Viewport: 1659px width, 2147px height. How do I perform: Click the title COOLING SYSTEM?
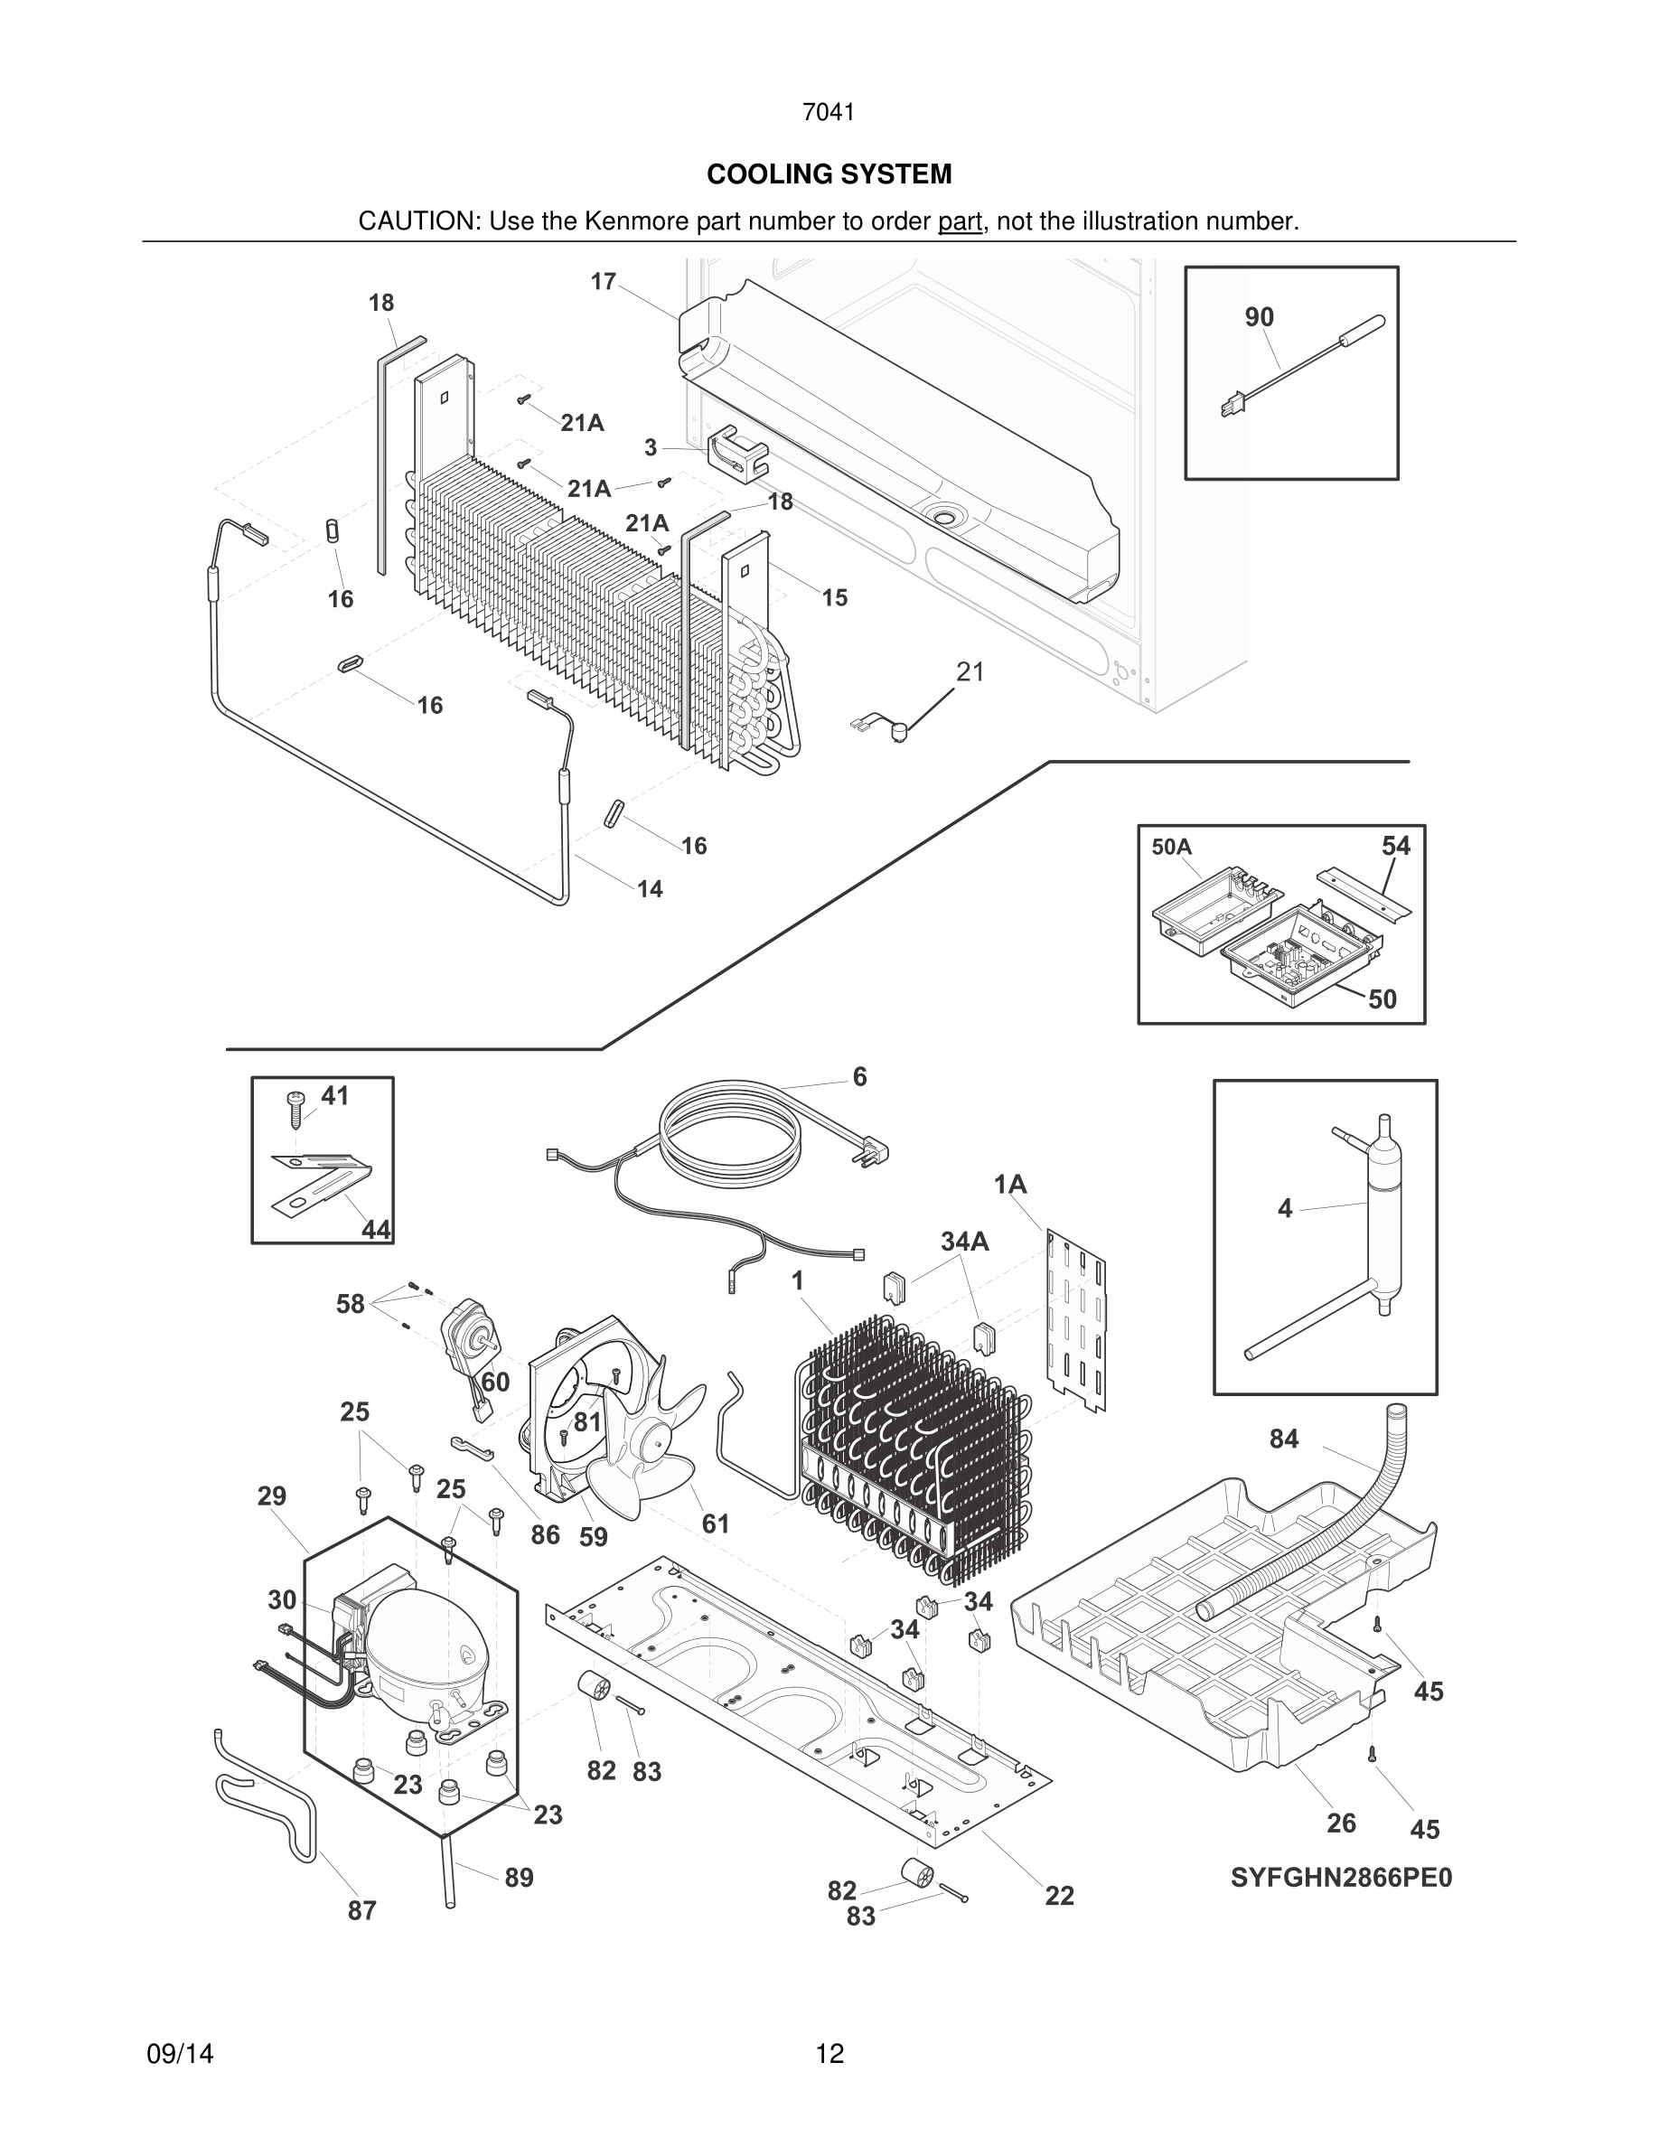click(x=829, y=174)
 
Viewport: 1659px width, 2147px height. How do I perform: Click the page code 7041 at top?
click(x=829, y=113)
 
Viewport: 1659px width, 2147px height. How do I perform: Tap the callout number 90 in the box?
click(x=1259, y=316)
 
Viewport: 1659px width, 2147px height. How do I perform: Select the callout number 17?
click(x=603, y=282)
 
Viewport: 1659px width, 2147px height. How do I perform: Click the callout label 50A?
click(x=1172, y=848)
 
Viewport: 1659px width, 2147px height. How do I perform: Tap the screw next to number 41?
click(x=294, y=1106)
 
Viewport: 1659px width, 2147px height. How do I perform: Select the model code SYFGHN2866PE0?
click(x=1341, y=1878)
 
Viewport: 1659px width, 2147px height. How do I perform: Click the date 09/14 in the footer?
click(x=180, y=2054)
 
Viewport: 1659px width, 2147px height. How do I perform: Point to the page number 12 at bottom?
click(x=829, y=2054)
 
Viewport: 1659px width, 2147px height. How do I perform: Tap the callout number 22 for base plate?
click(x=1058, y=1895)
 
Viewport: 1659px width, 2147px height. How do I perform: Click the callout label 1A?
click(x=1009, y=1185)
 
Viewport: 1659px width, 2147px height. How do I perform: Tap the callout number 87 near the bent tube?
click(x=361, y=1910)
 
